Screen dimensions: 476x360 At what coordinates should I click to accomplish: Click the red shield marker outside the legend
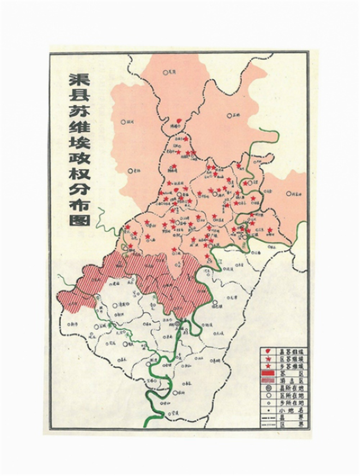(x=179, y=121)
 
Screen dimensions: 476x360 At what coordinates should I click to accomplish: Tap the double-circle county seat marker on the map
(x=177, y=323)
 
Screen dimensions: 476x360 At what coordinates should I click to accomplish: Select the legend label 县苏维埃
(x=292, y=351)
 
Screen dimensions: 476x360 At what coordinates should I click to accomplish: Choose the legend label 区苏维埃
(x=292, y=359)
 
